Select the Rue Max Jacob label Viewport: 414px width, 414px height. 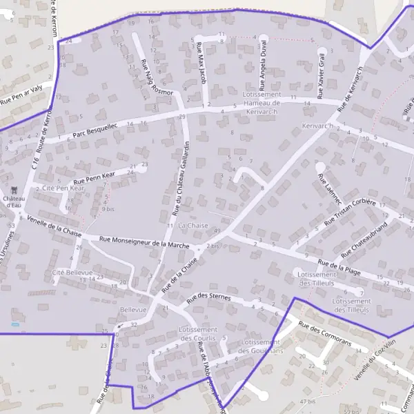point(201,63)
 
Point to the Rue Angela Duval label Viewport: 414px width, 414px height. point(264,58)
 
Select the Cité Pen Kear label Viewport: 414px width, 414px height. point(63,188)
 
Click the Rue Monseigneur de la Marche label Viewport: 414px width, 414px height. point(144,242)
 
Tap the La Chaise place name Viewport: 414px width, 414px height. point(193,226)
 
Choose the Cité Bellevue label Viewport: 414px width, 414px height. point(72,273)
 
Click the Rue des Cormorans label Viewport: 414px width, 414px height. point(325,333)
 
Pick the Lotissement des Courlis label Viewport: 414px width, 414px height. point(199,334)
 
